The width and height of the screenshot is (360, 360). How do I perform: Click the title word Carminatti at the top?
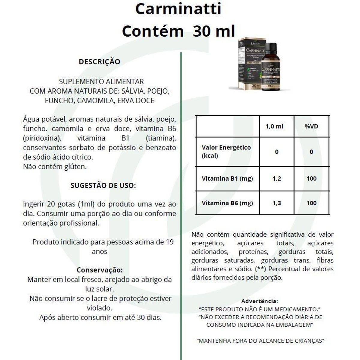(x=178, y=9)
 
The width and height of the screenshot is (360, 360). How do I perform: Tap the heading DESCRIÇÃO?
(x=99, y=62)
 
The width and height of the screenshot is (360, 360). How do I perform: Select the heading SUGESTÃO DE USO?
(x=103, y=185)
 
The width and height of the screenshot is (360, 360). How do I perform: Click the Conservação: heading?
(x=100, y=270)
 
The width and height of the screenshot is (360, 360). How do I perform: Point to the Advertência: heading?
(x=259, y=301)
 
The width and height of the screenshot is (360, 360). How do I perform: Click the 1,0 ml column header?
(x=274, y=126)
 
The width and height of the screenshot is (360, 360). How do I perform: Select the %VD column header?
(x=311, y=126)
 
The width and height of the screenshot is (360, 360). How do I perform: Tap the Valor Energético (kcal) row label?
(x=226, y=151)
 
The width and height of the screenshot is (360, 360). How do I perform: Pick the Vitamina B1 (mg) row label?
(x=227, y=178)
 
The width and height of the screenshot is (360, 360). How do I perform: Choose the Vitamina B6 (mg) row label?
(x=227, y=203)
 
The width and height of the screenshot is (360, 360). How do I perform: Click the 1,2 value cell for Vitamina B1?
(x=277, y=178)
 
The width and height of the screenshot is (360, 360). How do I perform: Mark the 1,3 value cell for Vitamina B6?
(x=277, y=203)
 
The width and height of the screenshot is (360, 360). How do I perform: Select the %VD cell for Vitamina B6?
(x=311, y=203)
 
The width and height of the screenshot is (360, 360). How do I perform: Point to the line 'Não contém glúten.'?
(x=55, y=166)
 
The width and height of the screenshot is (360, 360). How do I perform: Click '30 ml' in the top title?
(x=214, y=31)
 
